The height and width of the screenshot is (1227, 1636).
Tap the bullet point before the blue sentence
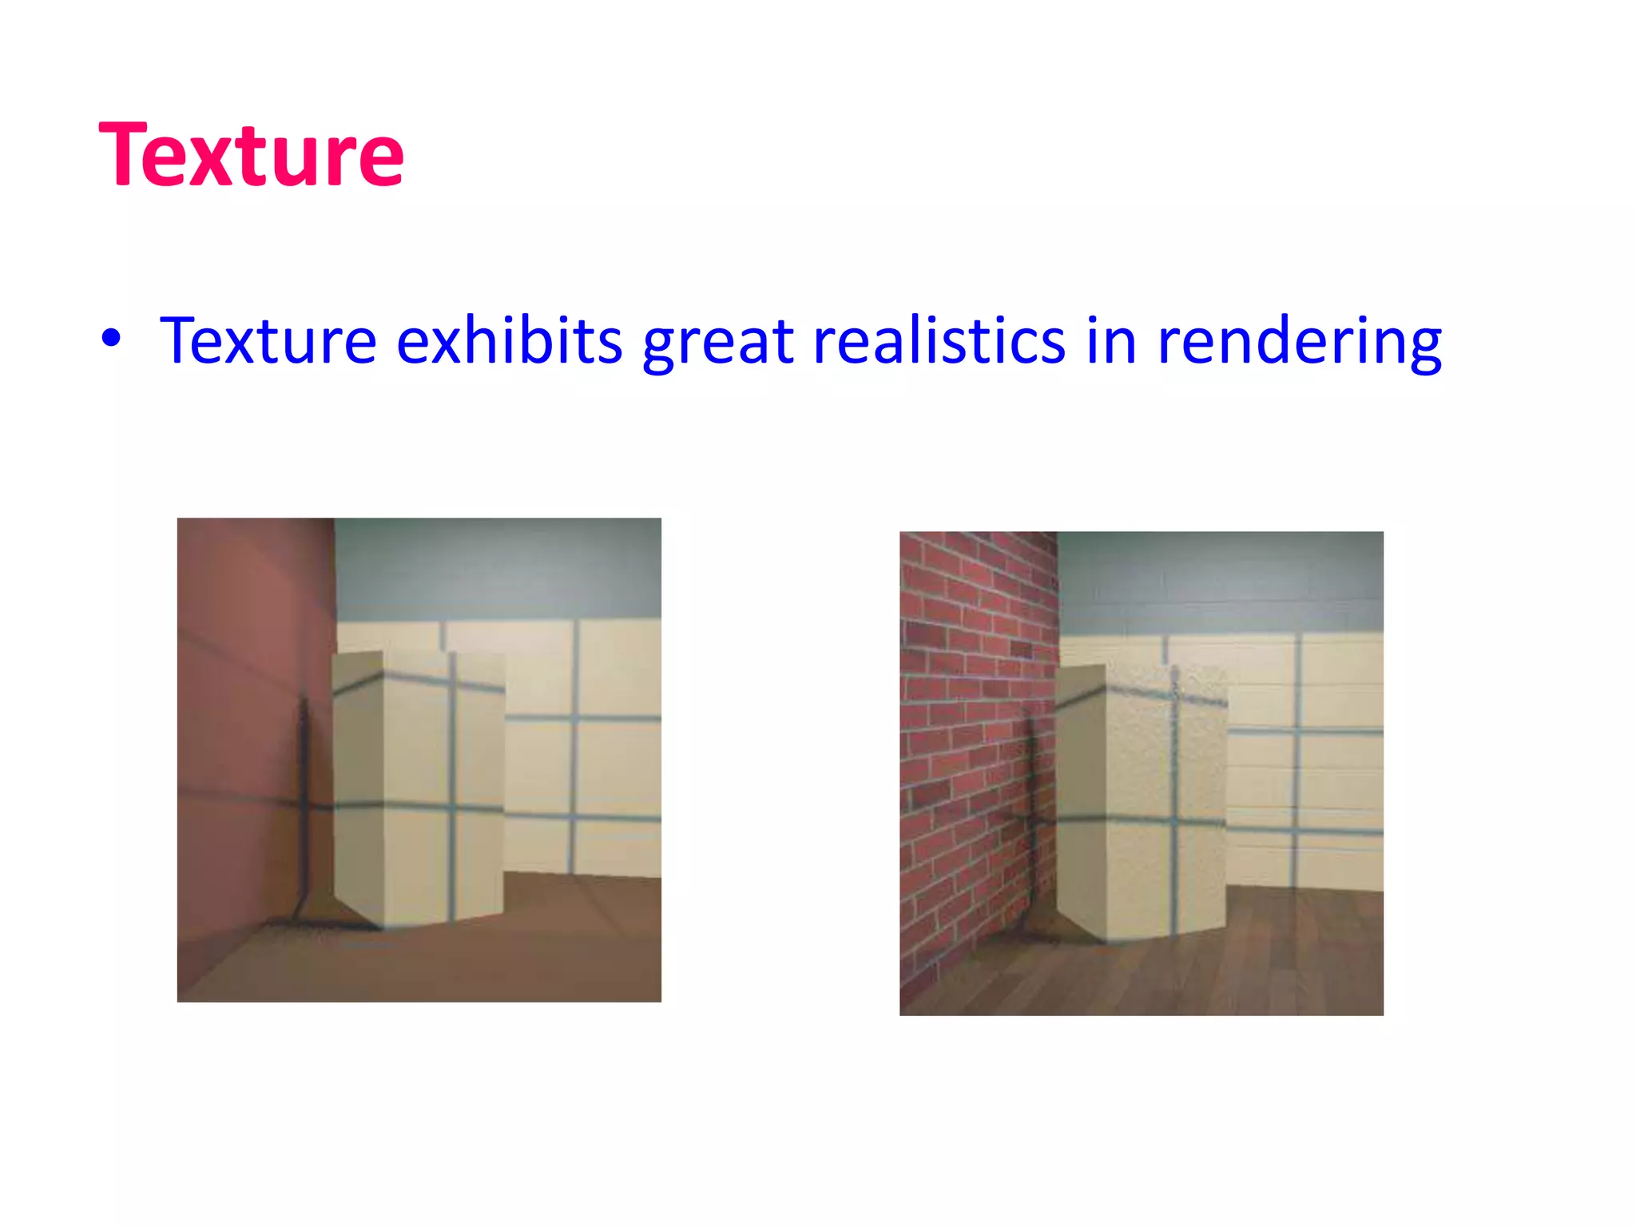111,339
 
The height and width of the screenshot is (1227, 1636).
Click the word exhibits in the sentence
509,340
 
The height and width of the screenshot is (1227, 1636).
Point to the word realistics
939,340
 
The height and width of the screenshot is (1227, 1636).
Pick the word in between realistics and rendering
1111,340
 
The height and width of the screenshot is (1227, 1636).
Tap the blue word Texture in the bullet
268,340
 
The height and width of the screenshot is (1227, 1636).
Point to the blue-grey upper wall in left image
495,567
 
